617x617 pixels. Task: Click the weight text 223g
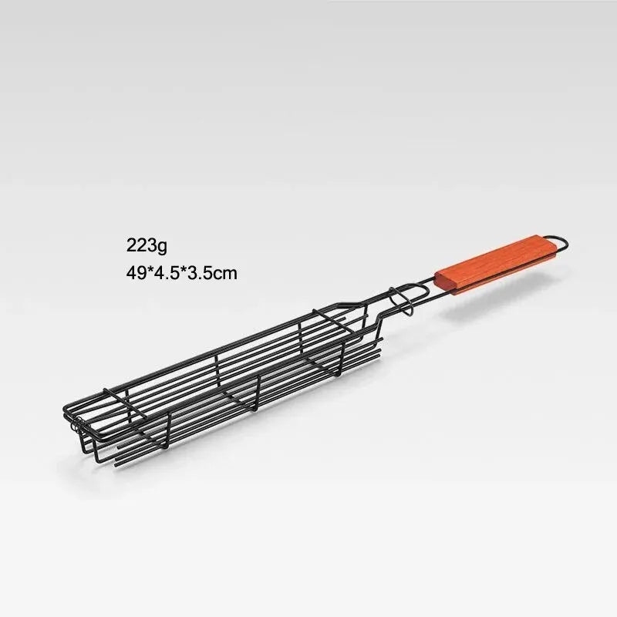pyautogui.click(x=147, y=246)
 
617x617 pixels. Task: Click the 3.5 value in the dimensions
pyautogui.click(x=198, y=271)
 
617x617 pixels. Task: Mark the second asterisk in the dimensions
pyautogui.click(x=182, y=270)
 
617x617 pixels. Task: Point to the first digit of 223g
pyautogui.click(x=131, y=246)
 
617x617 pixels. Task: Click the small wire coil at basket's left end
pyautogui.click(x=76, y=423)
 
